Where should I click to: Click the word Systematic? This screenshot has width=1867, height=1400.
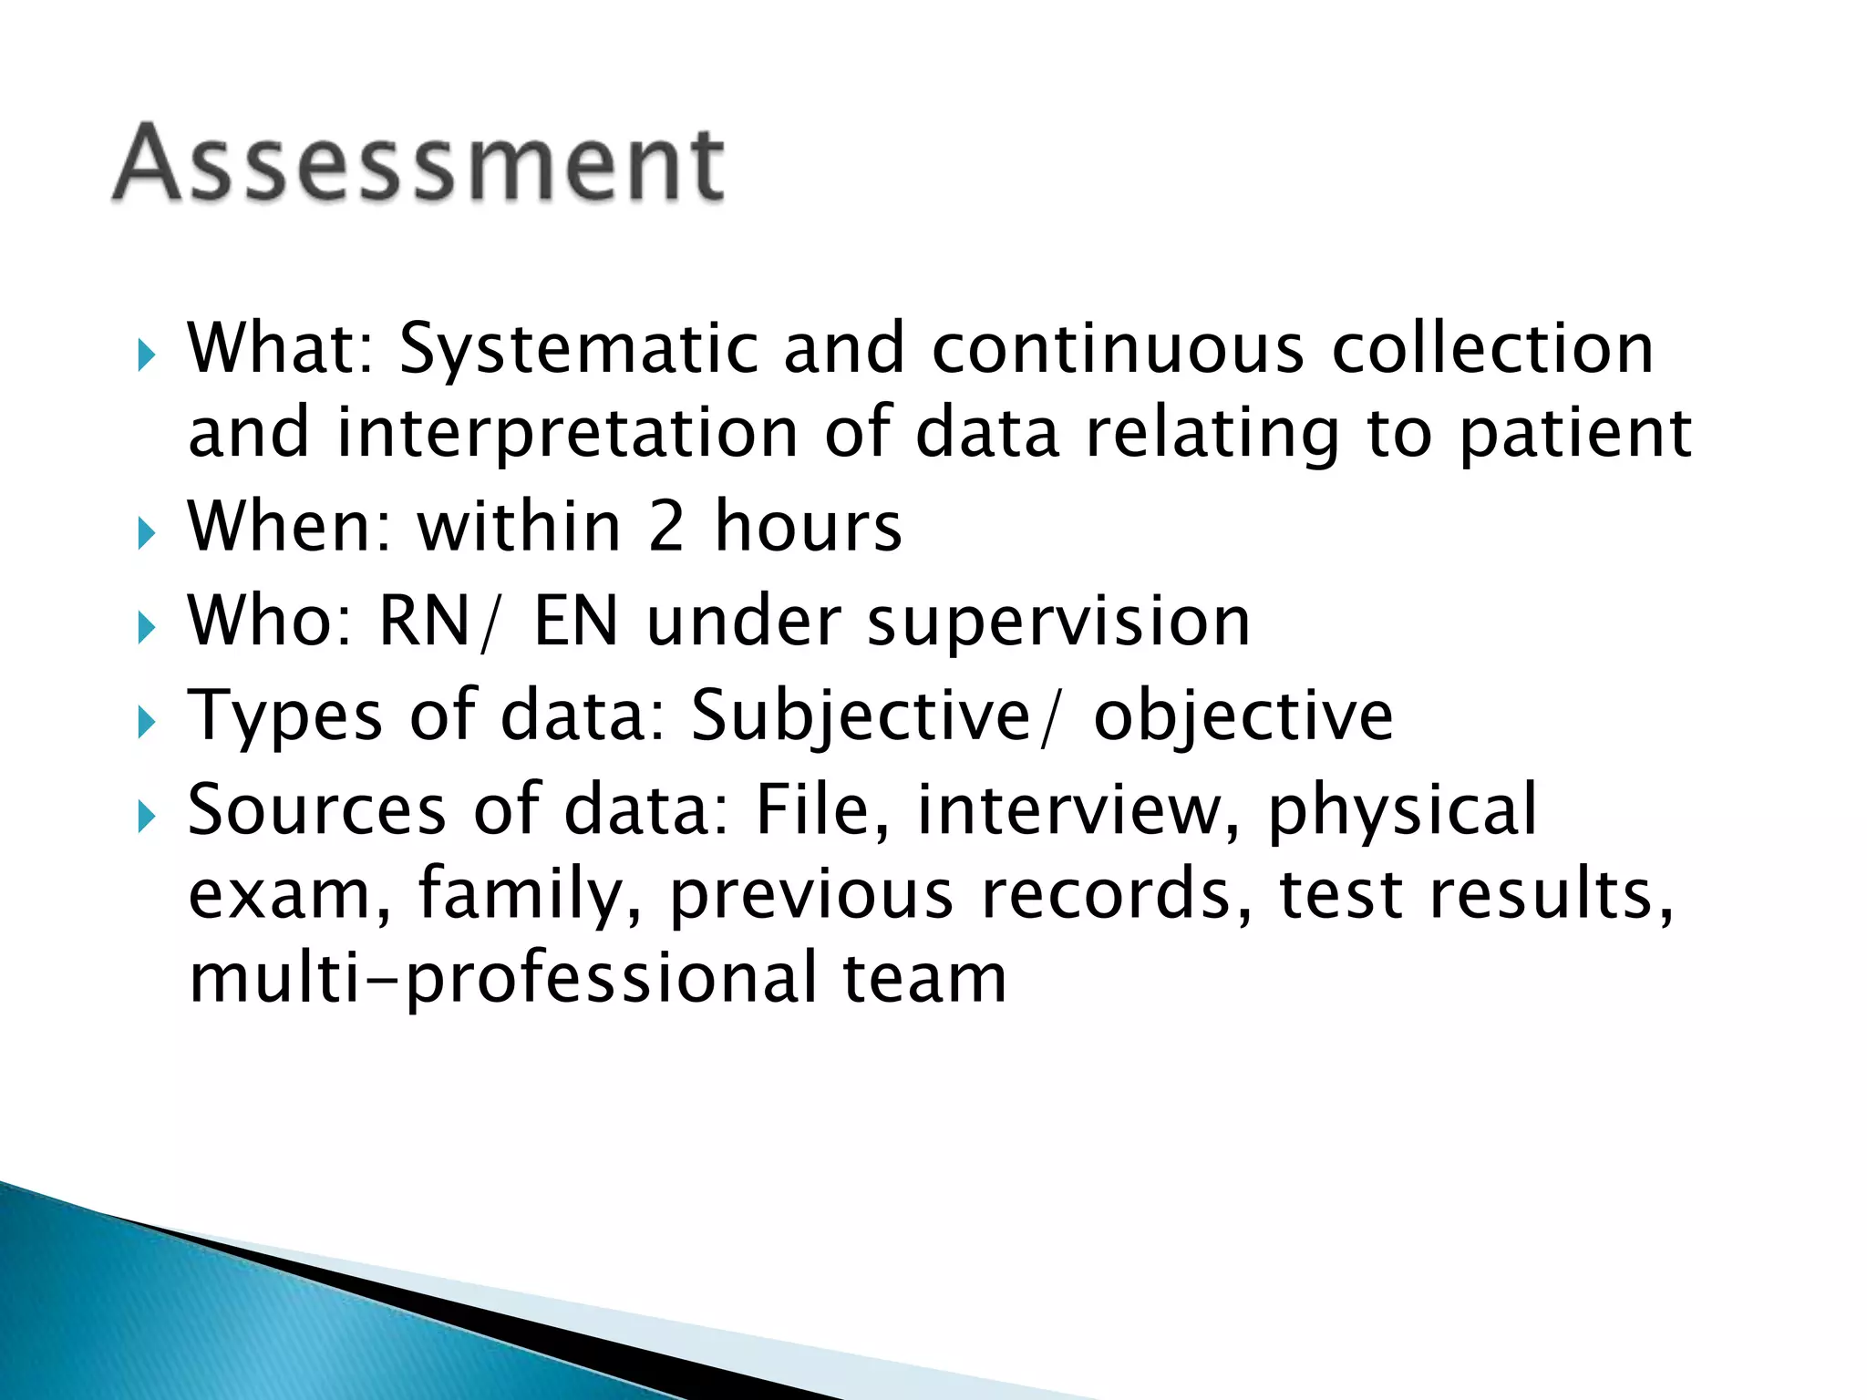click(579, 349)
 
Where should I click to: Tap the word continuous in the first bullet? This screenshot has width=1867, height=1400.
click(1118, 349)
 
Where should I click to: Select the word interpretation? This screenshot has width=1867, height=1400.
click(568, 433)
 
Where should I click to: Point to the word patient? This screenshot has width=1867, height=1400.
click(1575, 433)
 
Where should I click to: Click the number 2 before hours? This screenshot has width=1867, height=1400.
click(666, 527)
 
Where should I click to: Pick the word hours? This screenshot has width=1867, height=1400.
click(808, 527)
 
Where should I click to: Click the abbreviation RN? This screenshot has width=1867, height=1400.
click(424, 622)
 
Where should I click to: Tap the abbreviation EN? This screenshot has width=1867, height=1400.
click(575, 622)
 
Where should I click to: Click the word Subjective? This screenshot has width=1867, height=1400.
click(861, 716)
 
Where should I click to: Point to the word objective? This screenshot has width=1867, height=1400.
click(1243, 716)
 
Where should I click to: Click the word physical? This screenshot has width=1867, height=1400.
click(1402, 809)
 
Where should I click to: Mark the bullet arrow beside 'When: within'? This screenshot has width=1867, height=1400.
click(146, 532)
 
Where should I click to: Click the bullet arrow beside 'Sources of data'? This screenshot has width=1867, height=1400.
click(146, 815)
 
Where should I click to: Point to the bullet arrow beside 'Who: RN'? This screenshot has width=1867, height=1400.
click(146, 627)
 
